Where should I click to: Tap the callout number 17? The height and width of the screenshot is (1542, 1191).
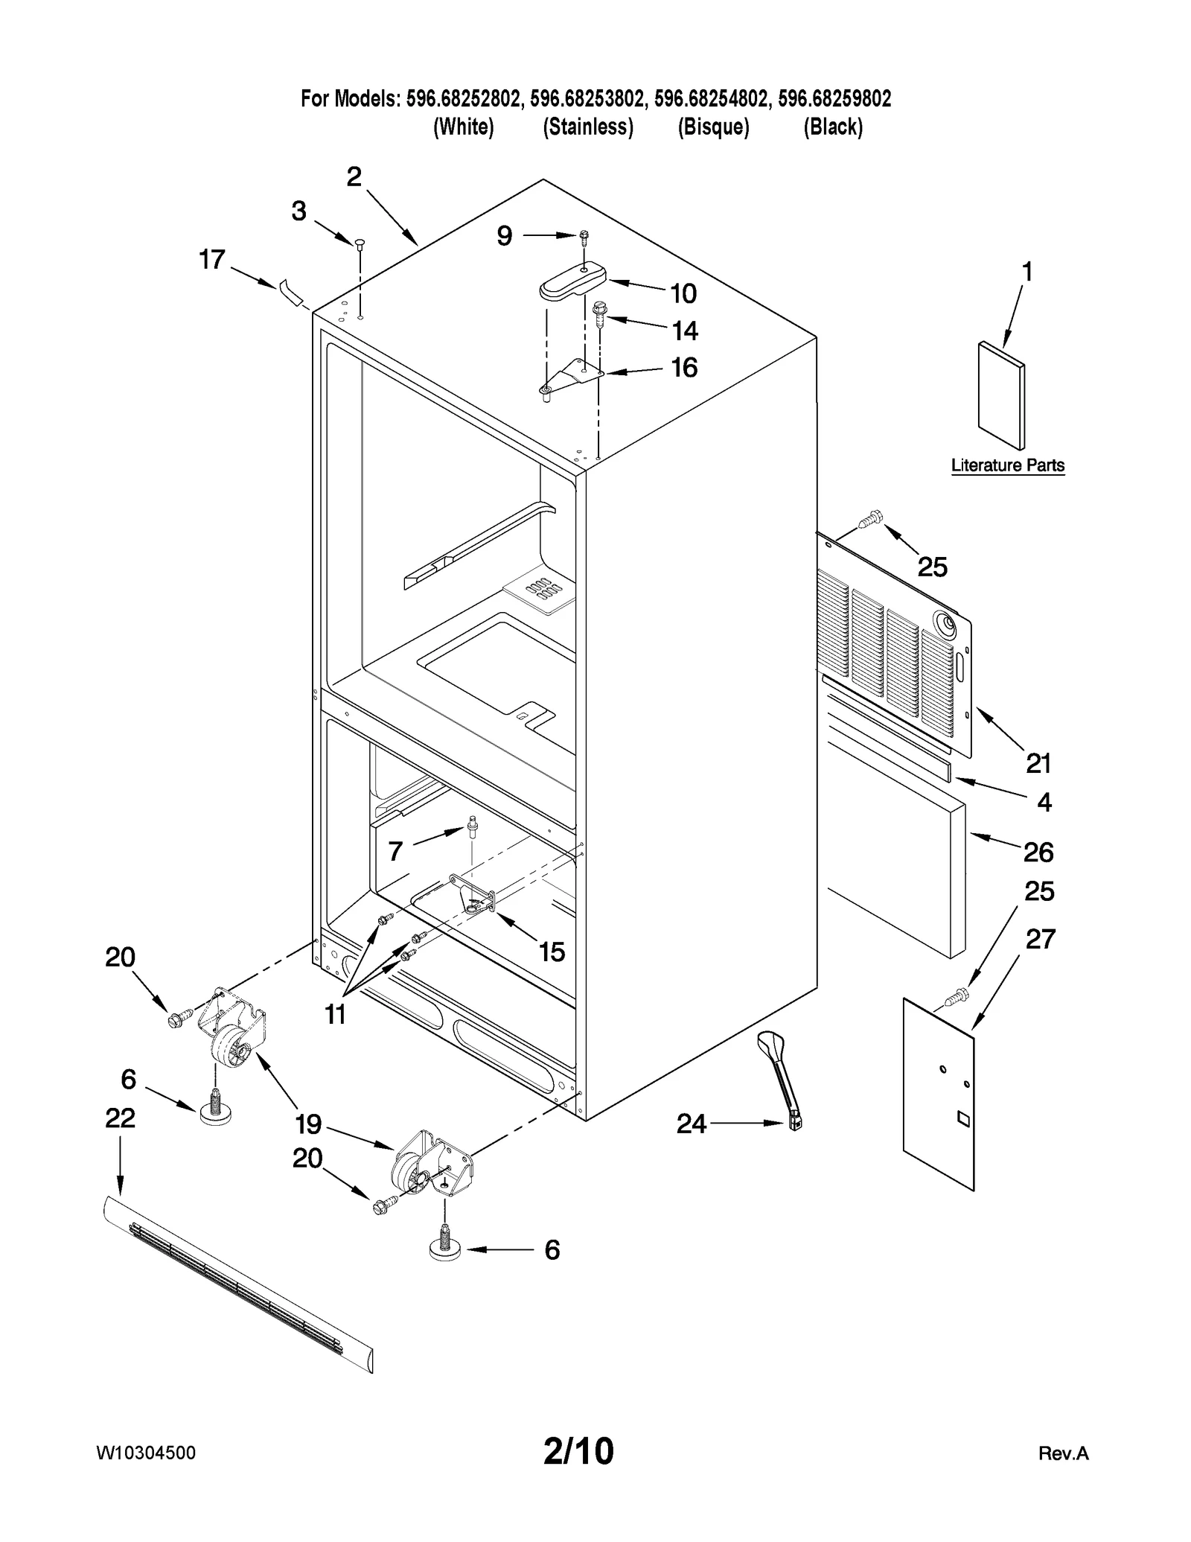[211, 260]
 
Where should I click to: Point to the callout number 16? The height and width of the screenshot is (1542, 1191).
[684, 368]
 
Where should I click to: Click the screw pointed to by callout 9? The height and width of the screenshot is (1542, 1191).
[584, 236]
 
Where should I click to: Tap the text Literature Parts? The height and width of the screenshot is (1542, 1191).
[1007, 465]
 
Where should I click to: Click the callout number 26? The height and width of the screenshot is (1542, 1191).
[1038, 852]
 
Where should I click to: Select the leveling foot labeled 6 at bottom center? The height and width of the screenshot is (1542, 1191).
[444, 1250]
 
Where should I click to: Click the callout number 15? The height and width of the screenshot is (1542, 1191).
[552, 952]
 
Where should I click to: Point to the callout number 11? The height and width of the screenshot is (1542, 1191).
[335, 1013]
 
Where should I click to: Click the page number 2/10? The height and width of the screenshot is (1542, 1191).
[578, 1451]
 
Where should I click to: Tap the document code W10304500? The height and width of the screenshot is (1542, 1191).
[146, 1453]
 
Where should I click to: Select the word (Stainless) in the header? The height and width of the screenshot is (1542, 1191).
[587, 127]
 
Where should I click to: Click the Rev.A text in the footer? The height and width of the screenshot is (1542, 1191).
[1063, 1453]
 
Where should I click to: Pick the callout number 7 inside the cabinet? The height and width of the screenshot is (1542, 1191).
[395, 850]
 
